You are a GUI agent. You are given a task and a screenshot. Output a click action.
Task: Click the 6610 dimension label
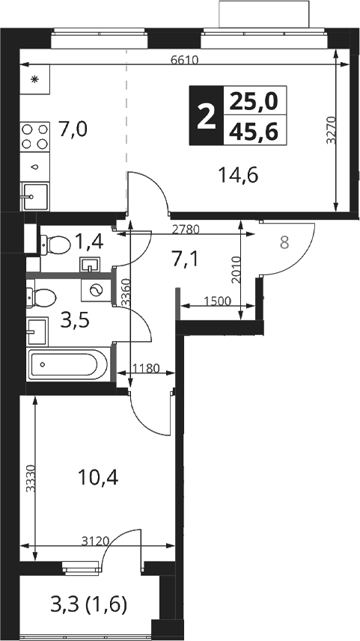tap(184, 61)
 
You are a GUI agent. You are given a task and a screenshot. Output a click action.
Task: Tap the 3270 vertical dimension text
tap(332, 130)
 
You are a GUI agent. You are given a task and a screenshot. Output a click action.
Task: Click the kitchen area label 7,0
tap(73, 130)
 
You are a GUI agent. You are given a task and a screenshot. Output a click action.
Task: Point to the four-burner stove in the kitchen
tap(34, 137)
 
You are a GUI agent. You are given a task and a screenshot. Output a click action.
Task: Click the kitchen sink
tap(34, 197)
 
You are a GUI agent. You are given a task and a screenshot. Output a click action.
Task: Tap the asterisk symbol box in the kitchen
tap(34, 79)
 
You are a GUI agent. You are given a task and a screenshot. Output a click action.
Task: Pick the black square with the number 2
tap(206, 115)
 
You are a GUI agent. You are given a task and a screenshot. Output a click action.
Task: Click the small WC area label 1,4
tap(90, 243)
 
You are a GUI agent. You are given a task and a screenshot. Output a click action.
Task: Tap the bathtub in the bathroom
tap(68, 364)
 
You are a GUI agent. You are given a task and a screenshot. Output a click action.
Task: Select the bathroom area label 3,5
tap(75, 321)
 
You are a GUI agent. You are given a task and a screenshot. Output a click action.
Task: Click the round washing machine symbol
tap(97, 290)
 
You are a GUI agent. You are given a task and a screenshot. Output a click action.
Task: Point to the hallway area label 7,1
tap(185, 260)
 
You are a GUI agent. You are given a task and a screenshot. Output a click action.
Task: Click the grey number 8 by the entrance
tap(284, 243)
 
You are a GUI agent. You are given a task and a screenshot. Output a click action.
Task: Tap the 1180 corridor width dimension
tap(146, 368)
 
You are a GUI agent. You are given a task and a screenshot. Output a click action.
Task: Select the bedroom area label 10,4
tap(98, 477)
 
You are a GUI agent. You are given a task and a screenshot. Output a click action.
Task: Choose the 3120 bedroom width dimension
tap(95, 542)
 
